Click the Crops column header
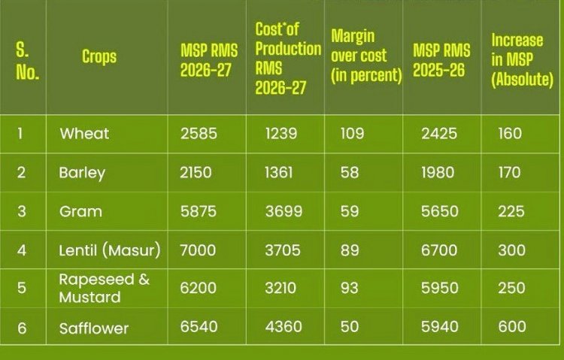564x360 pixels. pyautogui.click(x=100, y=57)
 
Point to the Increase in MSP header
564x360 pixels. pyautogui.click(x=521, y=60)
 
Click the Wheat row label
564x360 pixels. pyautogui.click(x=84, y=134)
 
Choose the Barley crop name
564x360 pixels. pyautogui.click(x=82, y=173)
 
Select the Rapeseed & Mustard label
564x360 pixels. pyautogui.click(x=105, y=289)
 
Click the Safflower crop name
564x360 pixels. pyautogui.click(x=94, y=328)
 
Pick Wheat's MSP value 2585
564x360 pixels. pyautogui.click(x=199, y=134)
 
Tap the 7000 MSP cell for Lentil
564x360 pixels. pyautogui.click(x=199, y=250)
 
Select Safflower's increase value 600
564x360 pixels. pyautogui.click(x=511, y=328)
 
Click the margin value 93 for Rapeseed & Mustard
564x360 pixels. pyautogui.click(x=350, y=289)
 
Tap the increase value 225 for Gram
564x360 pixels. pyautogui.click(x=511, y=212)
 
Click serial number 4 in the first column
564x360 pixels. pyautogui.click(x=22, y=250)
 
